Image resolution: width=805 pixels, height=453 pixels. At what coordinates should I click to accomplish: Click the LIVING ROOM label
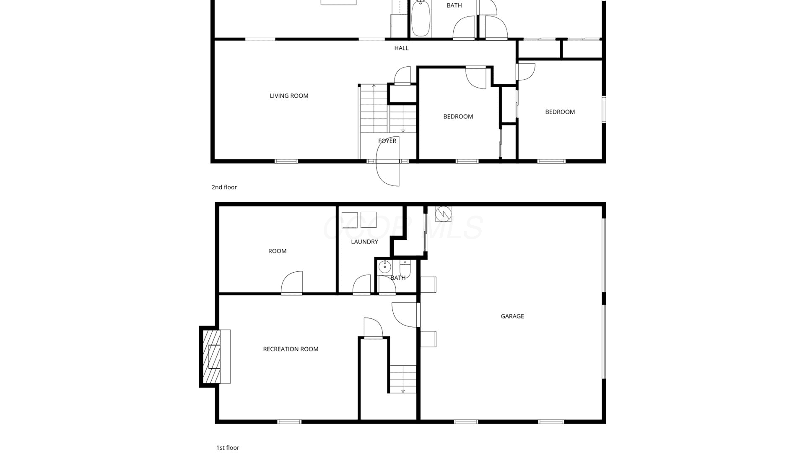289,96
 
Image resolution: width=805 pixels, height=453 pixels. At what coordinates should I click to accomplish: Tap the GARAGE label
512,316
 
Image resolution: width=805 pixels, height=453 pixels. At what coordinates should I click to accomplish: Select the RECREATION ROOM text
291,349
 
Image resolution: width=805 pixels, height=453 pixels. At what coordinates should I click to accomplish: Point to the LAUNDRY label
364,242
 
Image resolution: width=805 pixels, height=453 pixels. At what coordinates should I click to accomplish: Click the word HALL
401,48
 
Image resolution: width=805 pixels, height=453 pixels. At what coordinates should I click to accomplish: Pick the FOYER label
387,141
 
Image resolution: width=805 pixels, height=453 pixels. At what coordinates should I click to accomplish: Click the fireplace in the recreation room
215,357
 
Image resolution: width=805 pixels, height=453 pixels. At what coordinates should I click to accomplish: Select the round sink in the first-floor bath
384,267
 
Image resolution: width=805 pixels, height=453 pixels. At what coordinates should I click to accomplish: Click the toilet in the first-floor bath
405,268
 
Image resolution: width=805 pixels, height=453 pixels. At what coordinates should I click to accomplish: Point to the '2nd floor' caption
224,187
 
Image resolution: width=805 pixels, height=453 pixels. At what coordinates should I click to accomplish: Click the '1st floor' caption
228,448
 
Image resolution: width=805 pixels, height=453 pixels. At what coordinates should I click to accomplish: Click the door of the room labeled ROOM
292,283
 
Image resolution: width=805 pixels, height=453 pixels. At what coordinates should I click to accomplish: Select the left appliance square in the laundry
350,220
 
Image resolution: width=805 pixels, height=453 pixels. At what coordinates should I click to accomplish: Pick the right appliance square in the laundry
369,220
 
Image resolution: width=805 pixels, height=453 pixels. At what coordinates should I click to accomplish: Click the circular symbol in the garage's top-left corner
443,214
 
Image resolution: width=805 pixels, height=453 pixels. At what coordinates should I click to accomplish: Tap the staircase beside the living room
387,108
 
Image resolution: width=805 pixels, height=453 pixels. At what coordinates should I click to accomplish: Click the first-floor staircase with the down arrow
402,379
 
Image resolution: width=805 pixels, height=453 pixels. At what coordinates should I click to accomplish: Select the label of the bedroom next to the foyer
458,117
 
